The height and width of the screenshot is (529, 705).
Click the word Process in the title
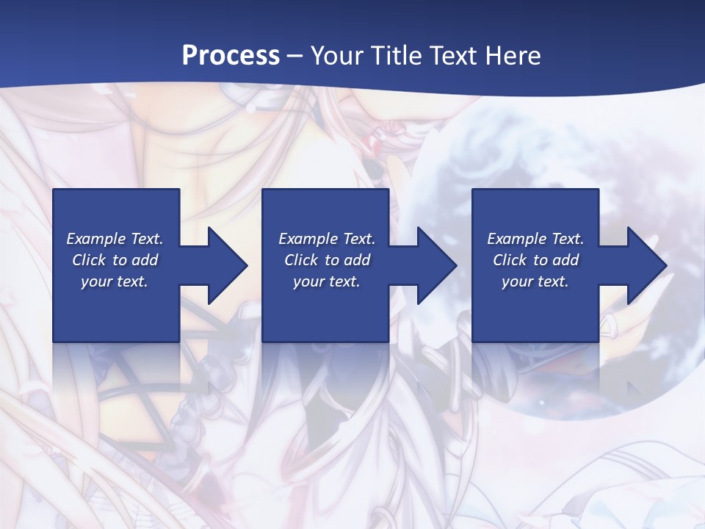[x=231, y=56]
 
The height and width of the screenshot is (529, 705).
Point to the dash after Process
[x=294, y=56]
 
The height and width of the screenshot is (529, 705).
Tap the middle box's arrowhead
[x=437, y=265]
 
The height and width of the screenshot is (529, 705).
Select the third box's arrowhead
[x=647, y=265]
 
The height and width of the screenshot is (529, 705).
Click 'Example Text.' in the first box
[x=115, y=239]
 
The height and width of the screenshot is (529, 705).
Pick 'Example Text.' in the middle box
[x=327, y=239]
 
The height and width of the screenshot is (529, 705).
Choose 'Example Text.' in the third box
[x=535, y=239]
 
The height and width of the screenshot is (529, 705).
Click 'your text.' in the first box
[x=115, y=281]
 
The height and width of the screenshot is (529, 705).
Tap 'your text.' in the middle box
[x=327, y=281]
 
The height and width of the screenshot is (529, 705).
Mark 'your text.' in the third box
[x=535, y=281]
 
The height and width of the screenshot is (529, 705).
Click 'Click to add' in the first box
[x=115, y=260]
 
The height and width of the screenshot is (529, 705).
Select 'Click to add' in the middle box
[x=327, y=260]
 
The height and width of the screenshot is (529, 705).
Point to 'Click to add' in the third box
[x=535, y=260]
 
